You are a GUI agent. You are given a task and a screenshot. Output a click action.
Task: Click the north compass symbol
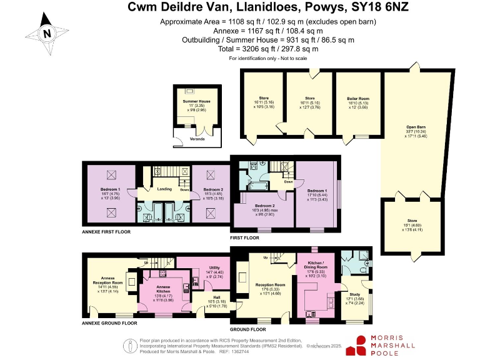pos(46,34)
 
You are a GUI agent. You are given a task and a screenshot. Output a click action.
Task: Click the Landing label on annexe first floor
pos(164,189)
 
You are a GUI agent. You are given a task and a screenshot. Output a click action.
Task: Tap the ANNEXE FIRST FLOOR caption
pos(109,231)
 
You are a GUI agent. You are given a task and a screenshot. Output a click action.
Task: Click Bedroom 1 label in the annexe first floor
pos(110,189)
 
